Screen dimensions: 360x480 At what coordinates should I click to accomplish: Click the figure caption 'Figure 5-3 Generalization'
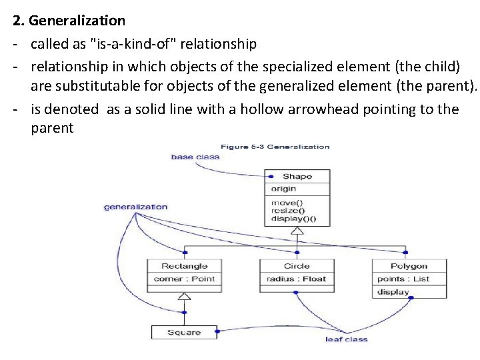click(275, 147)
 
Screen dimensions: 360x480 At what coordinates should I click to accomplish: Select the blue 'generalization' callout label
click(135, 207)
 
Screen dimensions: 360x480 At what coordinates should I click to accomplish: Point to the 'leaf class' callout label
click(346, 340)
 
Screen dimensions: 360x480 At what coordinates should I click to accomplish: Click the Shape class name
click(297, 177)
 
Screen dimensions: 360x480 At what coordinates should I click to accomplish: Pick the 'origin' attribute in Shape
click(283, 189)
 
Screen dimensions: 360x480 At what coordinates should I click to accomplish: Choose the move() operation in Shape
click(287, 203)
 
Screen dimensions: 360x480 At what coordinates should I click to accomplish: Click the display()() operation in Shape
click(293, 219)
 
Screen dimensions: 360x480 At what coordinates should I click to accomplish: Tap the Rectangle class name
click(185, 266)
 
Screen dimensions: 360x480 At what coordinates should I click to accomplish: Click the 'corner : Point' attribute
click(185, 279)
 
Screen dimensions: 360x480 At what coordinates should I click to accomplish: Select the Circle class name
click(297, 266)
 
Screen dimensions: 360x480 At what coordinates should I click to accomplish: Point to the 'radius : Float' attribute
click(296, 279)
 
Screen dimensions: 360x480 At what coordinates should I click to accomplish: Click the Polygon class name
click(409, 266)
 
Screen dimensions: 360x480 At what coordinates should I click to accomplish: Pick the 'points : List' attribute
click(403, 279)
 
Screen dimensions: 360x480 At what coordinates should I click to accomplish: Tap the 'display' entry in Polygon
click(393, 292)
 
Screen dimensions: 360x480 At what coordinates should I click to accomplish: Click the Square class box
click(184, 332)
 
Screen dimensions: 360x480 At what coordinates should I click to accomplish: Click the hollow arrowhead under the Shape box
click(297, 231)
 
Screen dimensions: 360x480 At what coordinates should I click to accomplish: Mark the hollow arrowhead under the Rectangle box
click(184, 296)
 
